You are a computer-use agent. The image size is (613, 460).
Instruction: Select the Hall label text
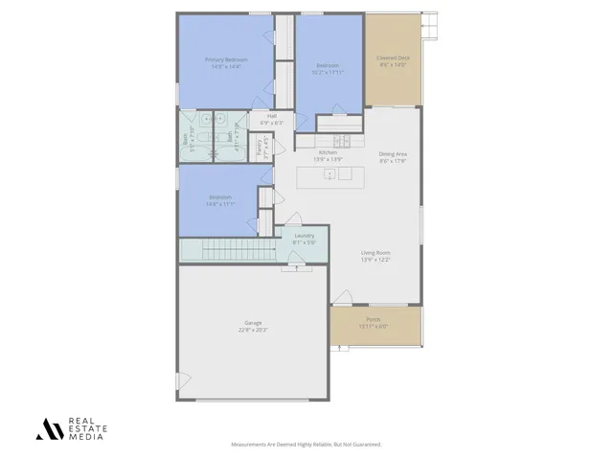pos(272,116)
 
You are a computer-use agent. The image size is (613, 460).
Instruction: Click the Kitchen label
pos(328,152)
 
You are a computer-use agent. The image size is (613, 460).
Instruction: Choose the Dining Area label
pos(393,153)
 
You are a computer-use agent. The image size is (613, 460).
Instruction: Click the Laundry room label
pos(305,236)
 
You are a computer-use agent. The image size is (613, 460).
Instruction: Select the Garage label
pos(253,323)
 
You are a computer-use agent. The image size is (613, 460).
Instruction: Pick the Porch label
pos(374,320)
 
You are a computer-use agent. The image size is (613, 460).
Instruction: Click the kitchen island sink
pos(329,174)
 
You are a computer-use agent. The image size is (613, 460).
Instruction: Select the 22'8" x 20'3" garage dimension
pos(253,330)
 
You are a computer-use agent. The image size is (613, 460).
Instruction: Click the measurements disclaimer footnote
pos(306,445)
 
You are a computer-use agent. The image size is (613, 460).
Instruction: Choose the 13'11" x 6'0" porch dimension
pos(374,327)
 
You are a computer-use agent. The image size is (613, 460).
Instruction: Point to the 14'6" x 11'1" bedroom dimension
pos(219,204)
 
